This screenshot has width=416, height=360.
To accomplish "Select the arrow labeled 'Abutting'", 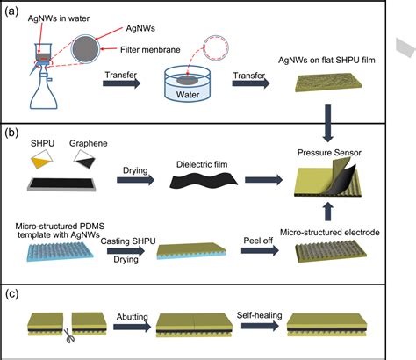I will click(x=133, y=326).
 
